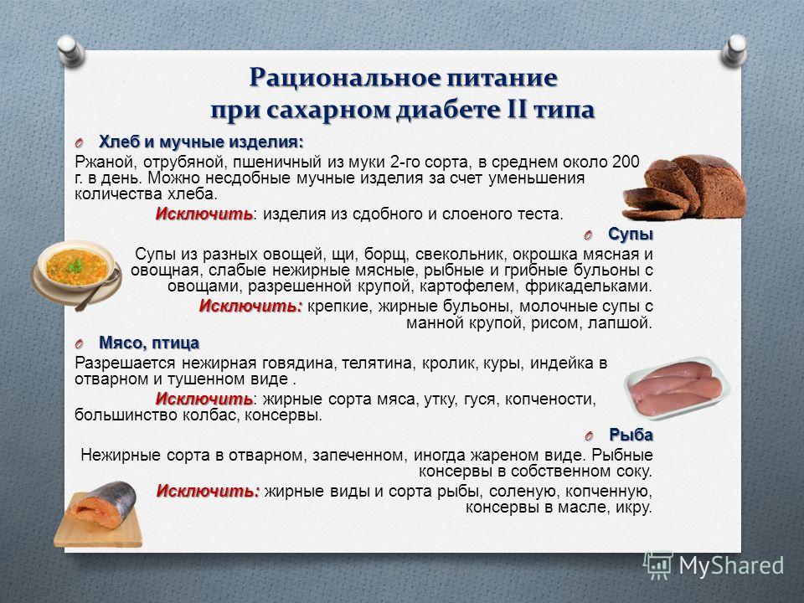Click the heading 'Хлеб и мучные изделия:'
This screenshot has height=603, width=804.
pyautogui.click(x=201, y=142)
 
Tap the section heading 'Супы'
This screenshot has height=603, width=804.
pyautogui.click(x=631, y=234)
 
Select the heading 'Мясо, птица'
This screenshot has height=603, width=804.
pyautogui.click(x=149, y=343)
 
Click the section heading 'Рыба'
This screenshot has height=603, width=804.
pyautogui.click(x=631, y=435)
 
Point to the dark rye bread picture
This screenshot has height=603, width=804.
pyautogui.click(x=684, y=187)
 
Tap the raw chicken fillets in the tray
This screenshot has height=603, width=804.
pyautogui.click(x=676, y=387)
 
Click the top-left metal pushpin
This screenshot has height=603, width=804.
pyautogui.click(x=70, y=50)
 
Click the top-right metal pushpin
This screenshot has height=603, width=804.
pyautogui.click(x=734, y=50)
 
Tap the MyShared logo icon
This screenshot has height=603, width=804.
pyautogui.click(x=658, y=565)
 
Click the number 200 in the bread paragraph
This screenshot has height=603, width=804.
pyautogui.click(x=626, y=162)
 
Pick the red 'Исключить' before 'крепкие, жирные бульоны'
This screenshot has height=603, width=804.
pyautogui.click(x=250, y=307)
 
